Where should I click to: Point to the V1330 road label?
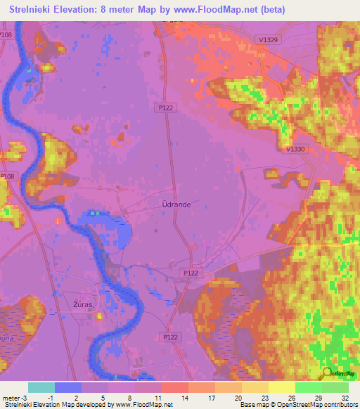point(296,149)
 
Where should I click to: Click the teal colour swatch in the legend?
point(41,387)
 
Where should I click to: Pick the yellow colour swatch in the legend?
point(281,387)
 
